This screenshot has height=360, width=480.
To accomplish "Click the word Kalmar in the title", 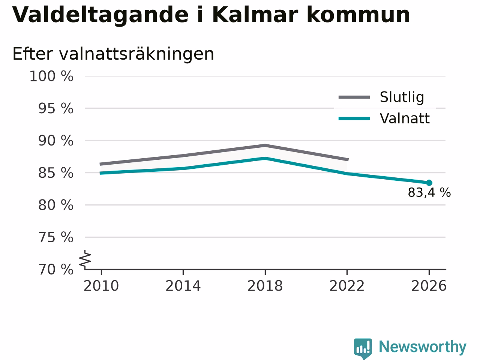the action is [x=255, y=15].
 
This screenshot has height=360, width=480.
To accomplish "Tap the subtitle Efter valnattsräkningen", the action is [x=113, y=54].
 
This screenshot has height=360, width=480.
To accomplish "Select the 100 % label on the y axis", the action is [x=51, y=76].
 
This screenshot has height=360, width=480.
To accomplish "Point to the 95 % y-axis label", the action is [x=56, y=108].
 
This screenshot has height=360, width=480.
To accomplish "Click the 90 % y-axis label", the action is [x=56, y=141].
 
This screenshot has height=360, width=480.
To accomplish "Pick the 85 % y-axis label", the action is [x=56, y=173].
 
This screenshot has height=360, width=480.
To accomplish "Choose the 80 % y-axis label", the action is [x=56, y=205].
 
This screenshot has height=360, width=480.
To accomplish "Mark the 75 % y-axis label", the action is [x=56, y=237].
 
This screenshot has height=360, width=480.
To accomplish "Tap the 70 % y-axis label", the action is [x=56, y=269].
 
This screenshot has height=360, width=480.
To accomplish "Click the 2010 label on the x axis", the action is [x=101, y=286].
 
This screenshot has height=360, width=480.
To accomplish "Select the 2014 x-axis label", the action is [x=183, y=286].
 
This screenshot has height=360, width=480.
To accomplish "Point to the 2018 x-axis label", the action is [x=265, y=286].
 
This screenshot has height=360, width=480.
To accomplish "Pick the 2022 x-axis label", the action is [x=347, y=286].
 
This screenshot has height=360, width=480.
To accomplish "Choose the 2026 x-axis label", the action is [x=429, y=286].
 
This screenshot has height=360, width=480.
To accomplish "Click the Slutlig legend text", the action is [x=402, y=97].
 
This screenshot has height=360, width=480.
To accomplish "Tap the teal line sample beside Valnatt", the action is [x=354, y=119].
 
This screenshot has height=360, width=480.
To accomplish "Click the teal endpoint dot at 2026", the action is [x=429, y=183].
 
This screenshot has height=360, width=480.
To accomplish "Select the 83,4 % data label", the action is [x=429, y=193].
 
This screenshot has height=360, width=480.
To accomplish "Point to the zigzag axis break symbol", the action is [x=85, y=259].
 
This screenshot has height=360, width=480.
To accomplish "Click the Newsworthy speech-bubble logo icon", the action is [x=363, y=348].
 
